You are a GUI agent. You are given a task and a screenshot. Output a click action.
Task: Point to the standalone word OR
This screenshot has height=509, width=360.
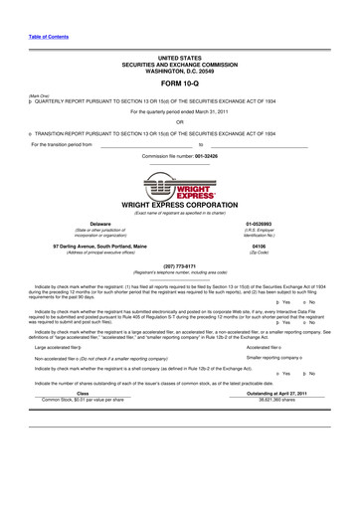pyautogui.click(x=179, y=122)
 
